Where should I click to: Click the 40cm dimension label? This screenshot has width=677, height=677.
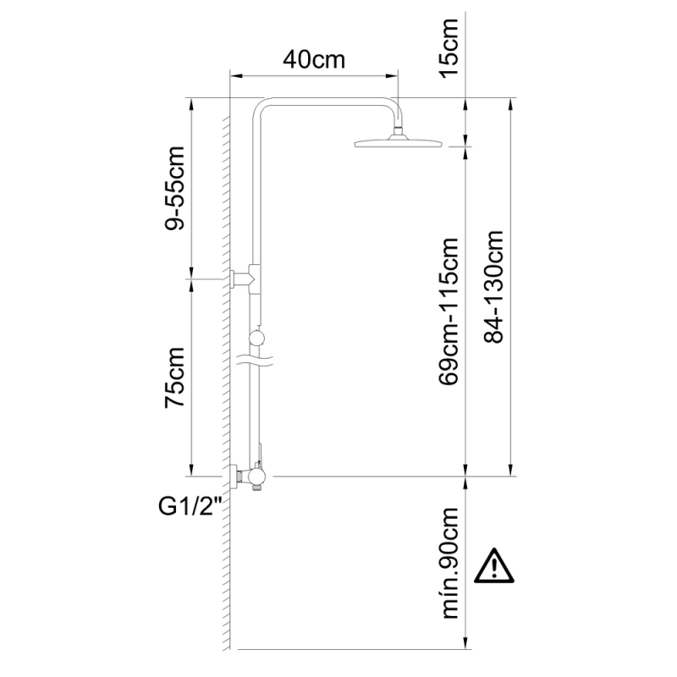click(x=314, y=59)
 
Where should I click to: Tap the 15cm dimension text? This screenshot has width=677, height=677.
click(x=449, y=47)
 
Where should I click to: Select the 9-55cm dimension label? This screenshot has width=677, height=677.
click(x=175, y=188)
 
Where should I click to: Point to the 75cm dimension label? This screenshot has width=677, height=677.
click(x=175, y=377)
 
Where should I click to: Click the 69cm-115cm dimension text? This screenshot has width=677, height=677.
click(x=449, y=311)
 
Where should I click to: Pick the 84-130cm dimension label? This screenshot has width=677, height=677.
click(x=493, y=287)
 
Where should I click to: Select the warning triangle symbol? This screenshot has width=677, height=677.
click(x=494, y=566)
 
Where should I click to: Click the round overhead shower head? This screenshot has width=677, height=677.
click(x=398, y=142)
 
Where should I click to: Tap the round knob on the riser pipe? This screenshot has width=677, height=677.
click(x=257, y=338)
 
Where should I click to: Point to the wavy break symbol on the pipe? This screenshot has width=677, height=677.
click(x=256, y=361)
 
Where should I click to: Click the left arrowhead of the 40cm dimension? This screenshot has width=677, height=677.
click(x=235, y=76)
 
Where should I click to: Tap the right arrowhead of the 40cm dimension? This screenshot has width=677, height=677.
click(x=392, y=76)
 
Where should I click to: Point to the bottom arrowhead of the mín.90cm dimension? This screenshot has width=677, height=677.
click(x=465, y=642)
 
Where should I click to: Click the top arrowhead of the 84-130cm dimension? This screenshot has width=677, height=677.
click(x=511, y=104)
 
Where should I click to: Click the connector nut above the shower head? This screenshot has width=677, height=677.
click(x=399, y=129)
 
